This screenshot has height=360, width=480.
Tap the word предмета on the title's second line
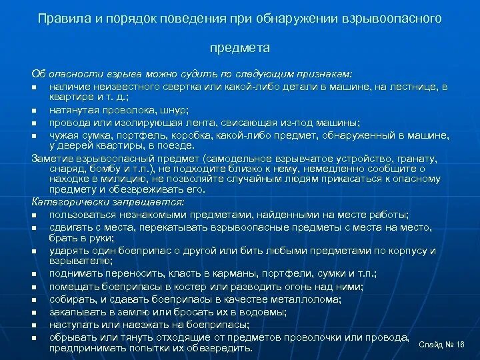(240, 48)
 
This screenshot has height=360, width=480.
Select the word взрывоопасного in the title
(399, 19)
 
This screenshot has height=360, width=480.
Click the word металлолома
(307, 299)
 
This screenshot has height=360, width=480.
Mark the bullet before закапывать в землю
(34, 312)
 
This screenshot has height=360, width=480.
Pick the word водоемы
(263, 311)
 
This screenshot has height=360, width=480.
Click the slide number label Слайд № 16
(441, 344)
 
